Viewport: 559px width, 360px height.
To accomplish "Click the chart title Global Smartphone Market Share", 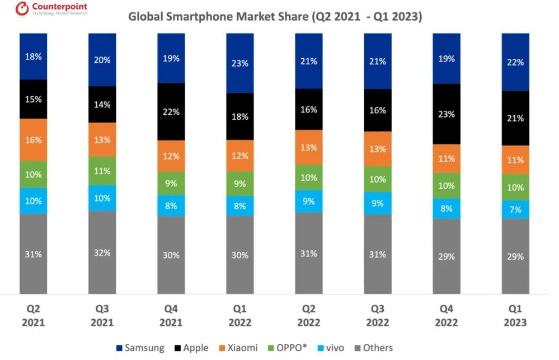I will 275,16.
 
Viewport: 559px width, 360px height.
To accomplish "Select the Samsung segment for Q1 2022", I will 240,63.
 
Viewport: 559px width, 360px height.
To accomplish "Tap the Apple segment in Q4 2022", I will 447,114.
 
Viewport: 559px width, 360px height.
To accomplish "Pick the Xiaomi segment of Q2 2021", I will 34,140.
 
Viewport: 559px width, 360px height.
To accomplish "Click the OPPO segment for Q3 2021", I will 102,171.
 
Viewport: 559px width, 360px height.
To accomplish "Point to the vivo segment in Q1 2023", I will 515,209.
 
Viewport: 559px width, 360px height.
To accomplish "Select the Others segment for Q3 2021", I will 102,253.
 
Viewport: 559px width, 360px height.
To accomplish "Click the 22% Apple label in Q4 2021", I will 171,112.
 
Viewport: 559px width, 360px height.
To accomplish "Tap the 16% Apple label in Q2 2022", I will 309,110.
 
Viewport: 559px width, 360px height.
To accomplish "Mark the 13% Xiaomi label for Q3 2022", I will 378,149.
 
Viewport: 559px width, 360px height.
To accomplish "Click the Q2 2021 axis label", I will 34,315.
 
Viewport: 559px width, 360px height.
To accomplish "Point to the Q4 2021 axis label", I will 171,315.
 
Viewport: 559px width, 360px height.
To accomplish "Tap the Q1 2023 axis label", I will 515,315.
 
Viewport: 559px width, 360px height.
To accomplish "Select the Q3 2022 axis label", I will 378,315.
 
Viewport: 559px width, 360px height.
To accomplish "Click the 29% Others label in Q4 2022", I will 447,257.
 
